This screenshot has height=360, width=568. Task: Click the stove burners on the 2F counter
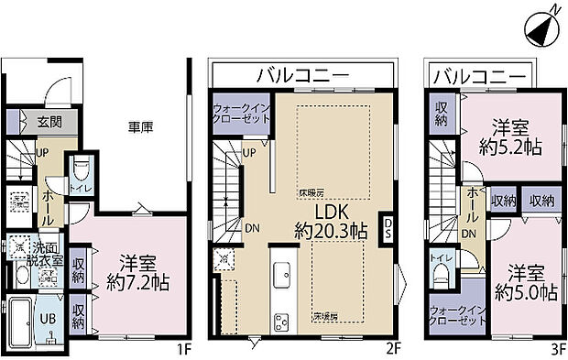(280, 321)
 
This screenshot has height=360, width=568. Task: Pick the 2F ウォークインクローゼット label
(240, 113)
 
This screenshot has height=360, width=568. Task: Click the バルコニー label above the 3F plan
(480, 74)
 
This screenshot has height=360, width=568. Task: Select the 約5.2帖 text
(509, 146)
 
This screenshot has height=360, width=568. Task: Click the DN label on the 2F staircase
(251, 228)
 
